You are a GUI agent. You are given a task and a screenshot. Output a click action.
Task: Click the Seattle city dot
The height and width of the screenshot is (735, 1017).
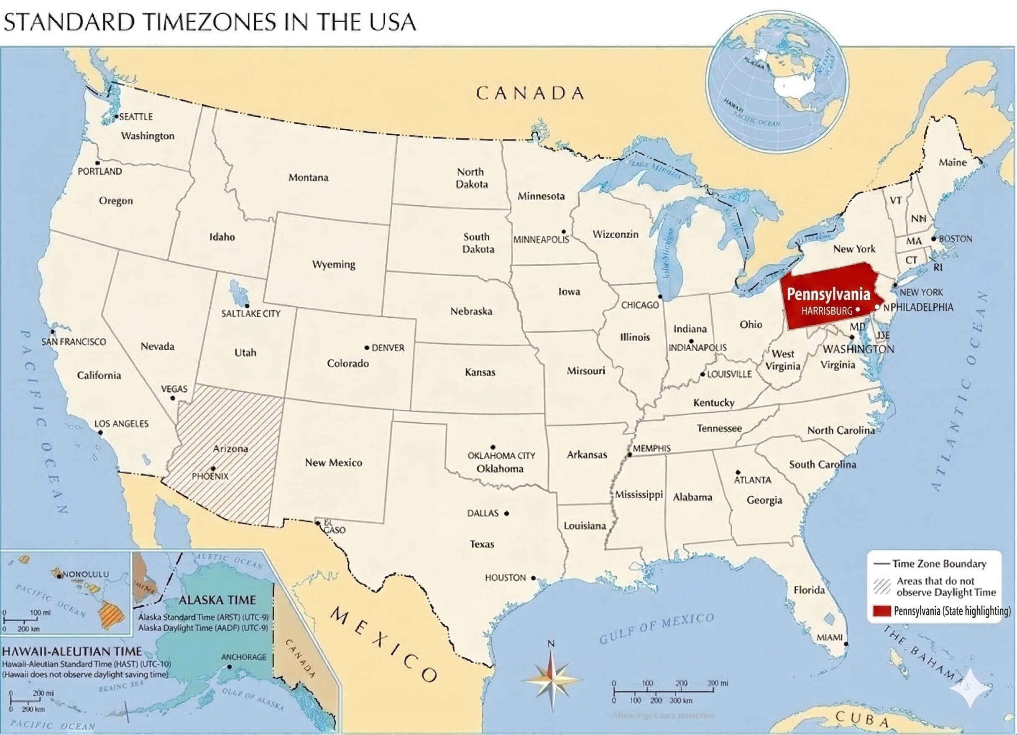point(116,116)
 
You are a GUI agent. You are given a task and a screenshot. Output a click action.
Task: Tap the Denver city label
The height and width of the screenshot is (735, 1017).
point(388,347)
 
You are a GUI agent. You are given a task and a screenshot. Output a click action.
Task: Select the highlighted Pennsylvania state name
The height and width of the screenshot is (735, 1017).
point(828,294)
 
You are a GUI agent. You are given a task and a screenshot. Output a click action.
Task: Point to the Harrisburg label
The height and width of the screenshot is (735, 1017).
point(826,310)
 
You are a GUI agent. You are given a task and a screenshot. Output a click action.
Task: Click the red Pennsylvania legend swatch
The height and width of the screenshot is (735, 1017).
point(881,611)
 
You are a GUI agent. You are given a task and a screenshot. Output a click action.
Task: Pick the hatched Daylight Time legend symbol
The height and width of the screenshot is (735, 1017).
point(882,587)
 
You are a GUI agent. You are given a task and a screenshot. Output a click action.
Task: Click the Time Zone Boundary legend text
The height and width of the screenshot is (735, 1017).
point(939,564)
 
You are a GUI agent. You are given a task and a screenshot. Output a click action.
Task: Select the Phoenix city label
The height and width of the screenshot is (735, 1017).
point(210,476)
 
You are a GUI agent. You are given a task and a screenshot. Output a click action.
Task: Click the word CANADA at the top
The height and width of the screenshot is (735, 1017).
point(530,93)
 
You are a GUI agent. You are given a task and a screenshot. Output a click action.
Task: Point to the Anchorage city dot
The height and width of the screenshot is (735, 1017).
point(230,667)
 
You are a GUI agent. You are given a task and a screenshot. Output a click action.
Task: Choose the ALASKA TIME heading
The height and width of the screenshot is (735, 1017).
point(217,600)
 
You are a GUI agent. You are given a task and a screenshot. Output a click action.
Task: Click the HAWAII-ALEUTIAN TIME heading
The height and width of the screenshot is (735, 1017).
point(72,651)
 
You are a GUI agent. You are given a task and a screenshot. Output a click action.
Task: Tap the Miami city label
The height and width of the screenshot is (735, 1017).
point(829,637)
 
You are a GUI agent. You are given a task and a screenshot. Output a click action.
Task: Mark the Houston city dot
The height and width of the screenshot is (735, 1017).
point(533,578)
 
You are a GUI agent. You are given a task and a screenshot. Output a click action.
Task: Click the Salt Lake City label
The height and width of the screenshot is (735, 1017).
point(250,314)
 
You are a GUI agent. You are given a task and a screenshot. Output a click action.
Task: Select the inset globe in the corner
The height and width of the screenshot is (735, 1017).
point(777,81)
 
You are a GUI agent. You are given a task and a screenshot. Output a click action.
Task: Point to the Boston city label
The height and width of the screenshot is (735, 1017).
point(955,239)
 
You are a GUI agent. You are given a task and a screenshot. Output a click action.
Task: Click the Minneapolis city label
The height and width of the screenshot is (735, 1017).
point(541,240)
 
